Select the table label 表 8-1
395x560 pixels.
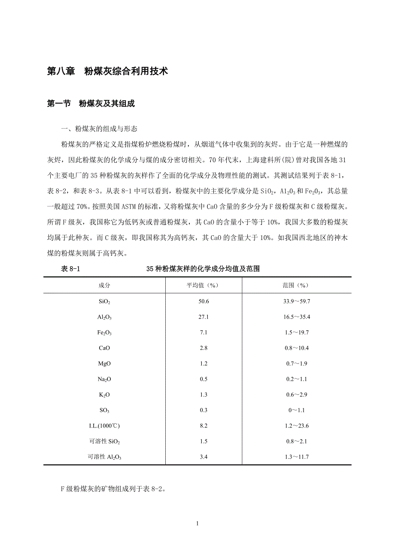coord(71,269)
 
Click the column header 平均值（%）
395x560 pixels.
coord(204,286)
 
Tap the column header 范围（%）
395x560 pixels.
coord(296,286)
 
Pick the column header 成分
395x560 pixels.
coord(104,286)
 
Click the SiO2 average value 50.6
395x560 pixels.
coord(204,302)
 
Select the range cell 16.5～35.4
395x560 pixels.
coord(296,317)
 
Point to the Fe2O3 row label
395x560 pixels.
coord(104,332)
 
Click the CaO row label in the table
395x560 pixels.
coord(104,348)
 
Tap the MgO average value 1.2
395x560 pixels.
coord(204,363)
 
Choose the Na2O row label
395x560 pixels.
coord(104,379)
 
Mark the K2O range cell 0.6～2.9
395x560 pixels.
coord(296,395)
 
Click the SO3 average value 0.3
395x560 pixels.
coord(204,410)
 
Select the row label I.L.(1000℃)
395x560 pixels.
coord(104,426)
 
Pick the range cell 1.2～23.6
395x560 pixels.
coord(296,426)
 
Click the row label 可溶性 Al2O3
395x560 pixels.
coord(104,457)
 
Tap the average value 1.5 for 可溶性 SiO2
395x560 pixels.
coord(204,441)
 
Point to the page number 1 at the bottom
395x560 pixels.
coord(197,523)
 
